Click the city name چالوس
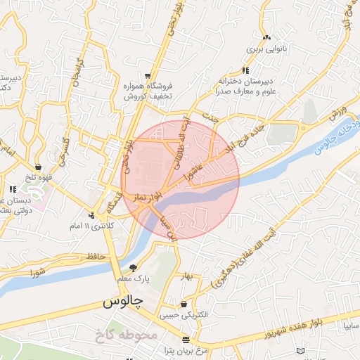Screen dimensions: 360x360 point(124,302)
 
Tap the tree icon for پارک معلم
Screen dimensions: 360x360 point(133,267)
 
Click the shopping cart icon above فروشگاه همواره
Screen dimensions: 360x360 point(147,75)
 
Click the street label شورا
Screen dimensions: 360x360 point(37,271)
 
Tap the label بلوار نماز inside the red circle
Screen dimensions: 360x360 point(149,192)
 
